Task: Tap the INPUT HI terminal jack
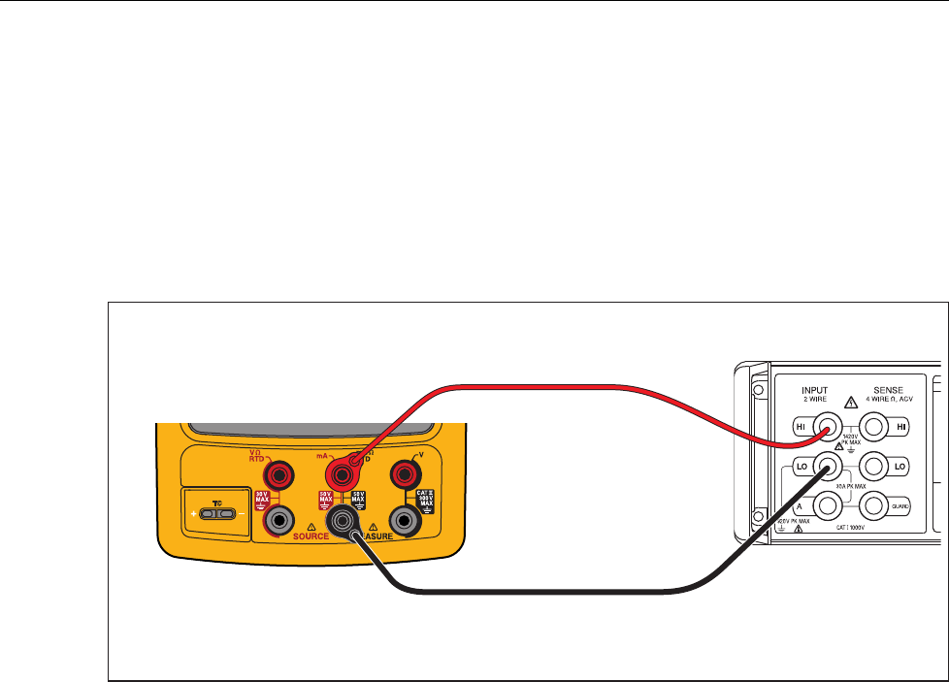(x=826, y=427)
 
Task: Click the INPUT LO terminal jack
(x=826, y=465)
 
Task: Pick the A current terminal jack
(x=826, y=503)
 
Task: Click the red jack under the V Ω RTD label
(x=283, y=474)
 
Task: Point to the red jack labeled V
(x=403, y=474)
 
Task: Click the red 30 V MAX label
(x=262, y=501)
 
